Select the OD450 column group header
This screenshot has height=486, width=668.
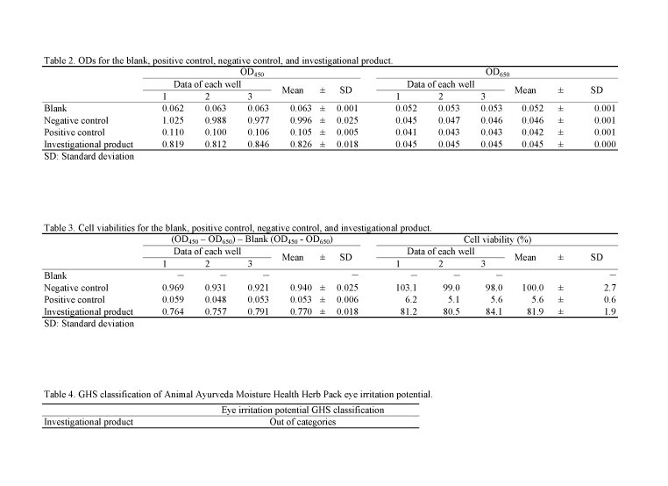pyautogui.click(x=252, y=71)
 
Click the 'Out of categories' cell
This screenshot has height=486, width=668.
pyautogui.click(x=302, y=422)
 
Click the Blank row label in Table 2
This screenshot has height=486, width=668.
pyautogui.click(x=55, y=108)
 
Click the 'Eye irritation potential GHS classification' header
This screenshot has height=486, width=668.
pyautogui.click(x=302, y=410)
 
